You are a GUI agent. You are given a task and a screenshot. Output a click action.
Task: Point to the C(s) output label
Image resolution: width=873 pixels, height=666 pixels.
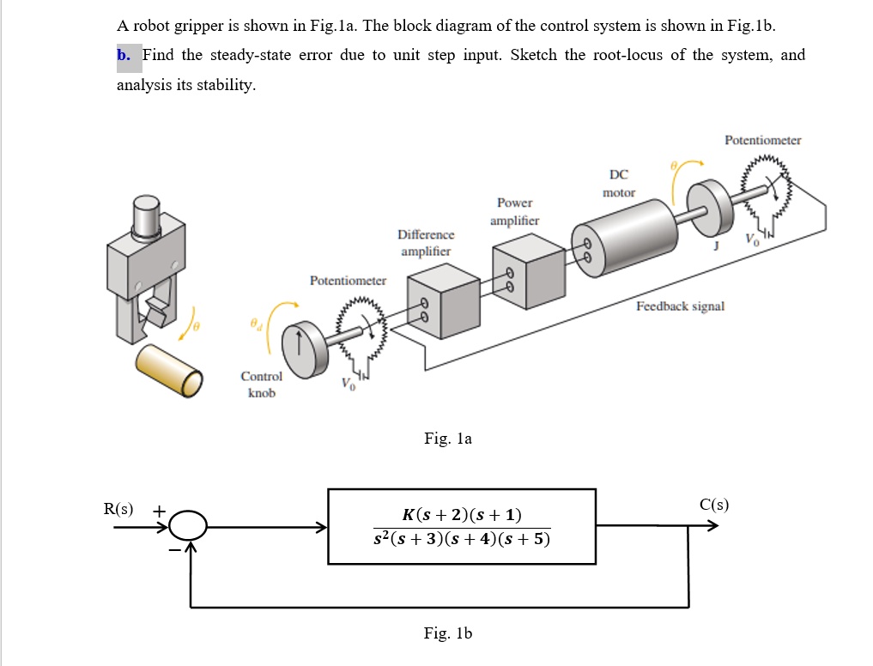tap(713, 505)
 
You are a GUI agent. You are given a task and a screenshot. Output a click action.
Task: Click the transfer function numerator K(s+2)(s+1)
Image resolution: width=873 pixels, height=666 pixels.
tap(462, 515)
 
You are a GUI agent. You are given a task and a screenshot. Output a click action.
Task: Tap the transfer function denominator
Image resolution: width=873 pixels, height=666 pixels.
tap(462, 540)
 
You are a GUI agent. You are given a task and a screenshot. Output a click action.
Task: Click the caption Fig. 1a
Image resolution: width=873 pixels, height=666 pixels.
tap(447, 439)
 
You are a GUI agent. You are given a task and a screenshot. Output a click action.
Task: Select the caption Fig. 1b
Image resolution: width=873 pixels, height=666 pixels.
tap(447, 633)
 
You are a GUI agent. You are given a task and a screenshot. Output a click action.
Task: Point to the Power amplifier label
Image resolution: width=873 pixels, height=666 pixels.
tap(514, 212)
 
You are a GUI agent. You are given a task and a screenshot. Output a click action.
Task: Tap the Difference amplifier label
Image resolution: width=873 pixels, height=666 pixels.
tap(426, 243)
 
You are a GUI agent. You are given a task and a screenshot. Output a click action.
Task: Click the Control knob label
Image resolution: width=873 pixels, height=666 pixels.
tap(261, 384)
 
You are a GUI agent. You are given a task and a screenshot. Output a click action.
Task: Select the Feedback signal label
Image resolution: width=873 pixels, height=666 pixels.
tap(680, 306)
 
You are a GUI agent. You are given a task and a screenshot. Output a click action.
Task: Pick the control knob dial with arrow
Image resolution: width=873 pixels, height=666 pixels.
tap(300, 343)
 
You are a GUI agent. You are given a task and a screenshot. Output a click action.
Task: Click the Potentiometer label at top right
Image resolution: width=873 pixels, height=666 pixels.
tap(762, 140)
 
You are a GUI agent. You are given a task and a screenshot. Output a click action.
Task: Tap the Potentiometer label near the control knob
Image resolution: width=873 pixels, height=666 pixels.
tap(348, 281)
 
